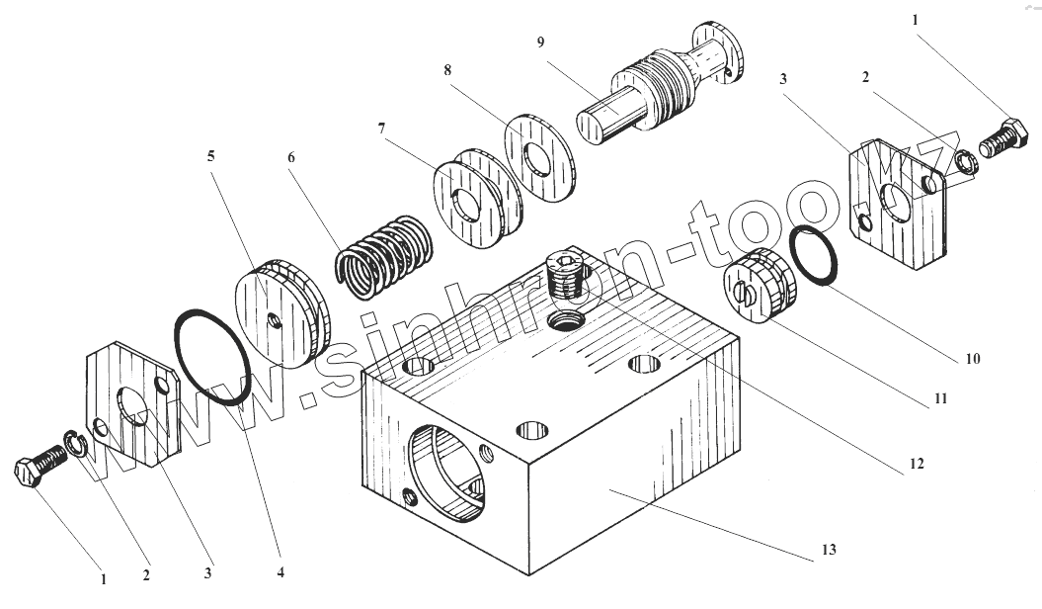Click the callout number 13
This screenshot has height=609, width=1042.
(x=829, y=549)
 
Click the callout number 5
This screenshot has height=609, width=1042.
(x=210, y=156)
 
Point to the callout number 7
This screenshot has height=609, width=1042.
(x=381, y=129)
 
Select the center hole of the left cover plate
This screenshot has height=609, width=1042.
(x=132, y=410)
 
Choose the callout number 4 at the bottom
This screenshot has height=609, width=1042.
(x=281, y=572)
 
